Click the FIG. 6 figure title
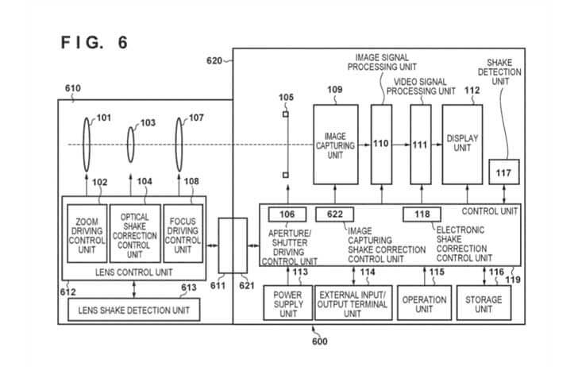94,42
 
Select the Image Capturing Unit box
334,145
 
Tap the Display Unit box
462,145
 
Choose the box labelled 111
420,145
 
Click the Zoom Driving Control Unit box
87,232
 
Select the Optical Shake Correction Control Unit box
134,232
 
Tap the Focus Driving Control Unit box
183,232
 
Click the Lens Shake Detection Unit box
133,308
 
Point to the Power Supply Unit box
287,302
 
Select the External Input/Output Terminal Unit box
353,302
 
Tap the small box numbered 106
287,214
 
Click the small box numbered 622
334,214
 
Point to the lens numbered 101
87,144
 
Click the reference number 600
318,342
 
